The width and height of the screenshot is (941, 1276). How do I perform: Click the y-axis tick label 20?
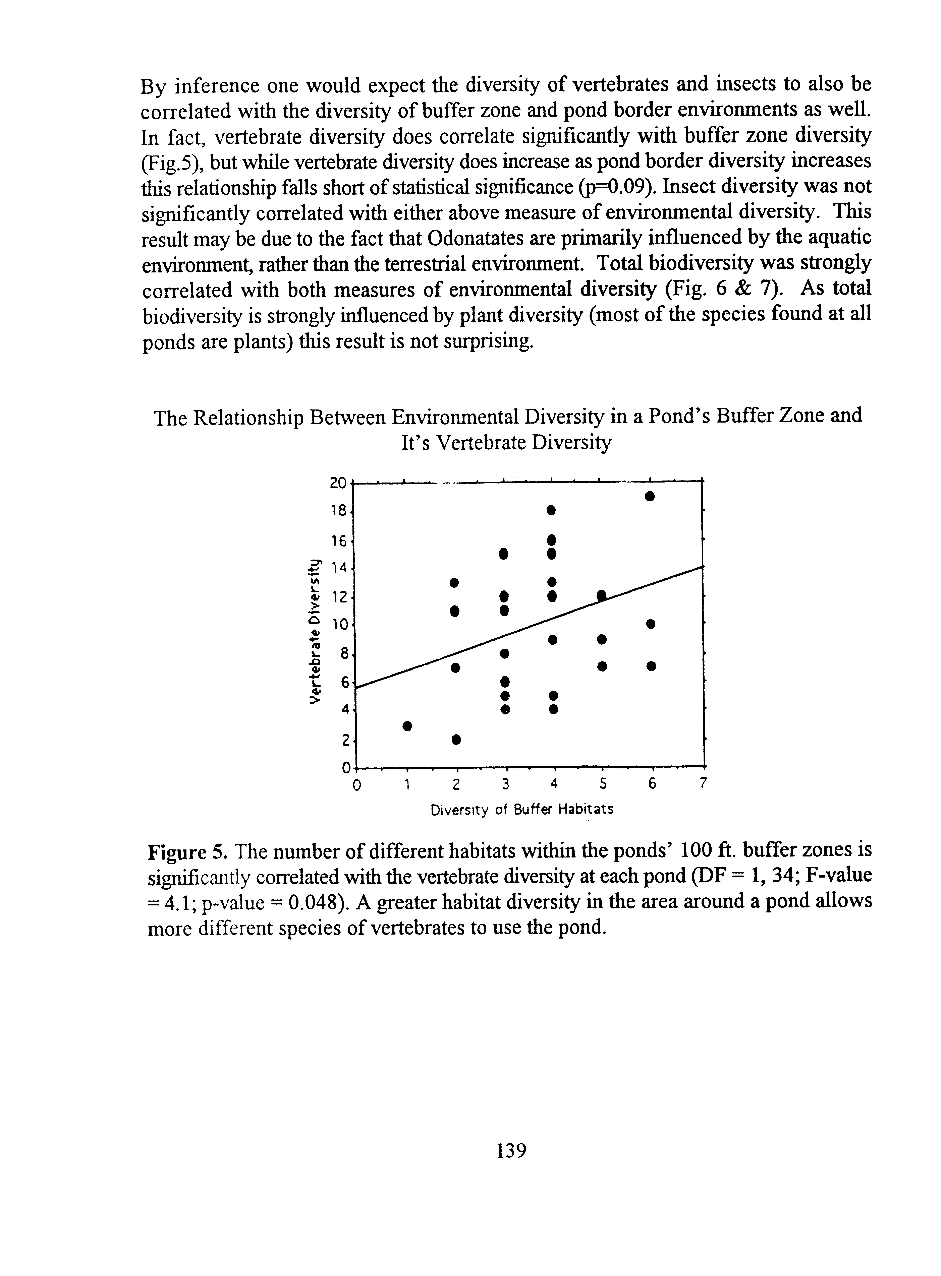click(x=338, y=483)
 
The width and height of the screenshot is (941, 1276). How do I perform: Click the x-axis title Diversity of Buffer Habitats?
click(x=522, y=809)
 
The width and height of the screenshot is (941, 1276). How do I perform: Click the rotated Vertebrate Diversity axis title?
click(x=313, y=632)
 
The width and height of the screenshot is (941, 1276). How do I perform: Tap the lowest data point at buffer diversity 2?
click(x=455, y=739)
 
